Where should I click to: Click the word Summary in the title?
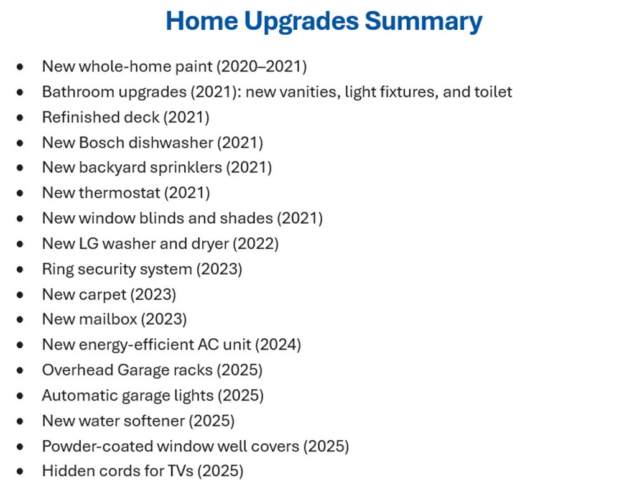423,22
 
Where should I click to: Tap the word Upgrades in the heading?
302,22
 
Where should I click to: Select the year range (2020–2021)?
262,67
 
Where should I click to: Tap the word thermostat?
119,193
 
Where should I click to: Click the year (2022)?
256,244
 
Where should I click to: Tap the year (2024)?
278,345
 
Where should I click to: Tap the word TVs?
180,471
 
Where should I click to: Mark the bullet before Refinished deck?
20,118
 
